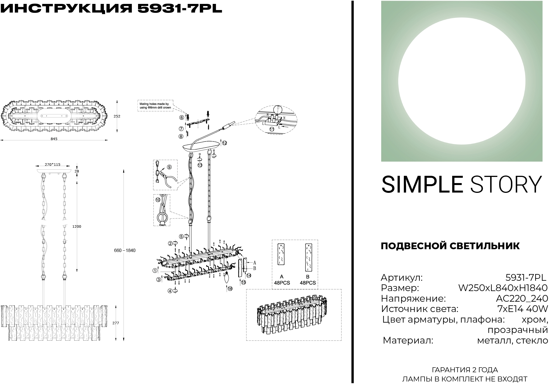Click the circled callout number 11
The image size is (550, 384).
point(272,129)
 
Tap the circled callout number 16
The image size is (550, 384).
point(230,289)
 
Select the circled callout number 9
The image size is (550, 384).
point(169,167)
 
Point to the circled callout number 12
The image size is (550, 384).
point(224,143)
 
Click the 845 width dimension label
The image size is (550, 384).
point(54,139)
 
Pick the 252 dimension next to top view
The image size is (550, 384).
point(117,116)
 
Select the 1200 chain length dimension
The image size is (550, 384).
point(77,226)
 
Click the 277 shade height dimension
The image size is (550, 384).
point(116,323)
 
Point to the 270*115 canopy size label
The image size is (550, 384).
point(53,164)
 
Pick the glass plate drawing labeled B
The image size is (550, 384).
point(308,258)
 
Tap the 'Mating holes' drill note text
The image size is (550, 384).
point(155,105)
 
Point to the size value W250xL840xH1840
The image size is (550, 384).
point(503,288)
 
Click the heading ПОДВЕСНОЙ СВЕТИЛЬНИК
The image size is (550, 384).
point(450,246)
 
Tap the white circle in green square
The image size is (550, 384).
point(462,81)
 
